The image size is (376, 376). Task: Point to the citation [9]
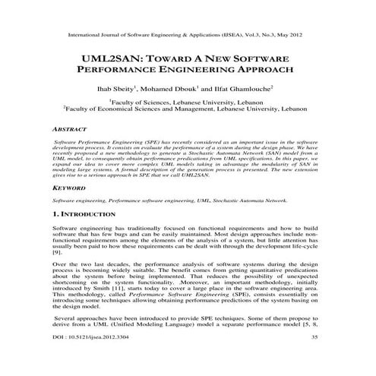tap(57, 250)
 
